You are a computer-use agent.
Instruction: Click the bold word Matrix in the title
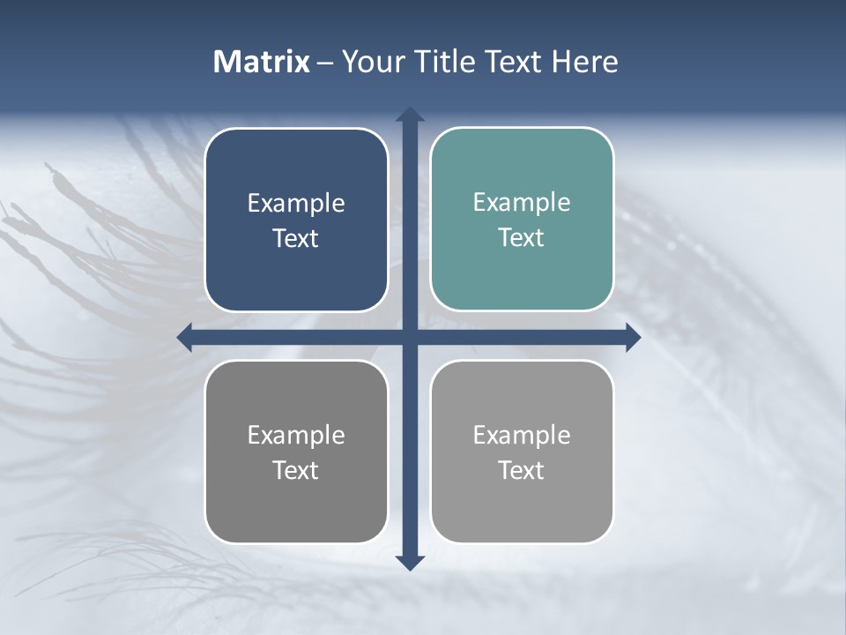[x=262, y=62]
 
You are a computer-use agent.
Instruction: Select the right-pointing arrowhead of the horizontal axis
[x=633, y=337]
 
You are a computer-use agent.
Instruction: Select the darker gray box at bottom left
[x=296, y=503]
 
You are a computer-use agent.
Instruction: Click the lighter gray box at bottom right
[x=522, y=503]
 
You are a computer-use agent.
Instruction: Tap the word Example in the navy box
[x=296, y=204]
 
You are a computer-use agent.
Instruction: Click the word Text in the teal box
[x=522, y=238]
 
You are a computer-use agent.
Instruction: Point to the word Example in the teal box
[x=522, y=203]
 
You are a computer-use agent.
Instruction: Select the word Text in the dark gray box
[x=296, y=470]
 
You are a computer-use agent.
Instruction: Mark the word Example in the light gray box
[x=522, y=435]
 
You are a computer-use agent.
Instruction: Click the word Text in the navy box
[x=296, y=239]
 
